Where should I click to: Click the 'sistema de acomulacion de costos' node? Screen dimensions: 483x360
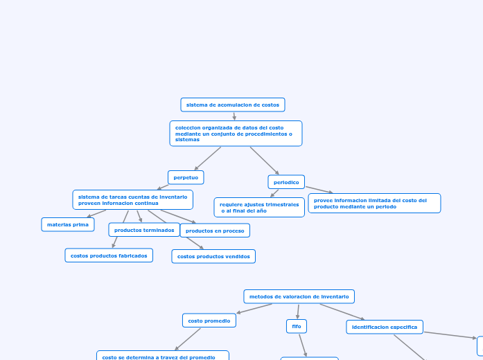[x=233, y=105]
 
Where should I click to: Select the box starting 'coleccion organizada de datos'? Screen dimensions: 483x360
[x=236, y=134]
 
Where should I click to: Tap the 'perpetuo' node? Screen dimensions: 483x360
[x=186, y=177]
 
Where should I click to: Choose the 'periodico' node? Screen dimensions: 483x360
[x=286, y=182]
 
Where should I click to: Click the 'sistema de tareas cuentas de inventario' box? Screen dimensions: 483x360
[x=132, y=200]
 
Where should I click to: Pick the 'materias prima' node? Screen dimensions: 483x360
[x=68, y=224]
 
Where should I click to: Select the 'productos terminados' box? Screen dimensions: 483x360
[x=144, y=230]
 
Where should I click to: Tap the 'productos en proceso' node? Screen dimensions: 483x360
[x=215, y=231]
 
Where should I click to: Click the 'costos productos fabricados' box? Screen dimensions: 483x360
[x=109, y=255]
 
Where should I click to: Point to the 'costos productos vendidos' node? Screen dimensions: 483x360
[x=213, y=256]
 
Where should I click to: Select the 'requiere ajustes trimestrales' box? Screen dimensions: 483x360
[x=259, y=208]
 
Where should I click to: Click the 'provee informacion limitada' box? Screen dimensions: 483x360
[x=374, y=204]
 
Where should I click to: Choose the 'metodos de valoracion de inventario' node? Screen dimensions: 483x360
[x=299, y=296]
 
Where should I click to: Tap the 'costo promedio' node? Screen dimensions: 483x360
[x=209, y=321]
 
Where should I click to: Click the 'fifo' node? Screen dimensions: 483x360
[x=297, y=325]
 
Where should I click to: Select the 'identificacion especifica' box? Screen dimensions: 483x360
[x=385, y=327]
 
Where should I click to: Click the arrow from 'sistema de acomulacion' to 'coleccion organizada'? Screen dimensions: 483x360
[x=234, y=116]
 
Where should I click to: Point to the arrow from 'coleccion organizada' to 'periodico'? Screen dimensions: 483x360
[x=265, y=161]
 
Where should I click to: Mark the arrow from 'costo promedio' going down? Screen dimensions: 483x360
[x=187, y=339]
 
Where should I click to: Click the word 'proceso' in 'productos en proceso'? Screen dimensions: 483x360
[x=231, y=231]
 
